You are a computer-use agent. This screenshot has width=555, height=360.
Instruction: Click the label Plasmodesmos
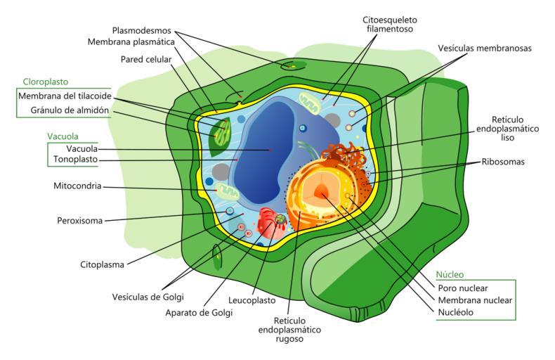click(143, 30)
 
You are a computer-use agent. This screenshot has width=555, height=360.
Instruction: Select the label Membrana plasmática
click(131, 42)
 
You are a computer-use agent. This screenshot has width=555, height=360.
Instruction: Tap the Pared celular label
click(145, 60)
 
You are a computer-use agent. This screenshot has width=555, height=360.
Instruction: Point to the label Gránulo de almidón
click(69, 110)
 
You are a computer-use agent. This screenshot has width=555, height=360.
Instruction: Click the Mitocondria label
click(77, 187)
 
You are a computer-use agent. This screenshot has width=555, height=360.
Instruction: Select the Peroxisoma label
click(79, 221)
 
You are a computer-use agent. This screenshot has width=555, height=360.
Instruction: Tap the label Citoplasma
click(102, 265)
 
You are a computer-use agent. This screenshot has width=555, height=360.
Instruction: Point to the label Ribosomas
click(502, 161)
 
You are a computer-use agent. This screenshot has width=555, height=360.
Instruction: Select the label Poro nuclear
click(462, 288)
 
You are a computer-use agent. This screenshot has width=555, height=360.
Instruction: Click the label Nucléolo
click(455, 312)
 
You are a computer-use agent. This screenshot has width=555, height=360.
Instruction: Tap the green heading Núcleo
click(450, 274)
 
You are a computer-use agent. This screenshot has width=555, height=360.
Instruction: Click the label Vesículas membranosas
click(484, 49)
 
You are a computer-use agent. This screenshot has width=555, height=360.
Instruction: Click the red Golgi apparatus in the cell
click(268, 227)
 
